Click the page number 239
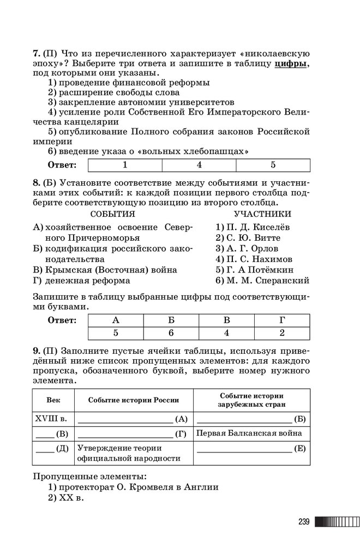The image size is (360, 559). click(x=304, y=522)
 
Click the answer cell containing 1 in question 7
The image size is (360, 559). click(x=125, y=164)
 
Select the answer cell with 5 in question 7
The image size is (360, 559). click(x=273, y=164)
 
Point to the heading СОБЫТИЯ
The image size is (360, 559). click(x=112, y=214)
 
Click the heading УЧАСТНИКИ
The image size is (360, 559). click(x=262, y=214)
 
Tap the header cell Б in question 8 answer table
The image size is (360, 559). click(x=171, y=320)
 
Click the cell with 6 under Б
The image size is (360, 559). click(x=171, y=332)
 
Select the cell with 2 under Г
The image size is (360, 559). click(x=282, y=332)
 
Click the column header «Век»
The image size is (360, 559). click(x=53, y=400)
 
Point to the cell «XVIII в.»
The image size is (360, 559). click(x=51, y=419)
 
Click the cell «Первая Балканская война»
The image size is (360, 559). click(x=248, y=433)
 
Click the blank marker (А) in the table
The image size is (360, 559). click(x=182, y=419)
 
